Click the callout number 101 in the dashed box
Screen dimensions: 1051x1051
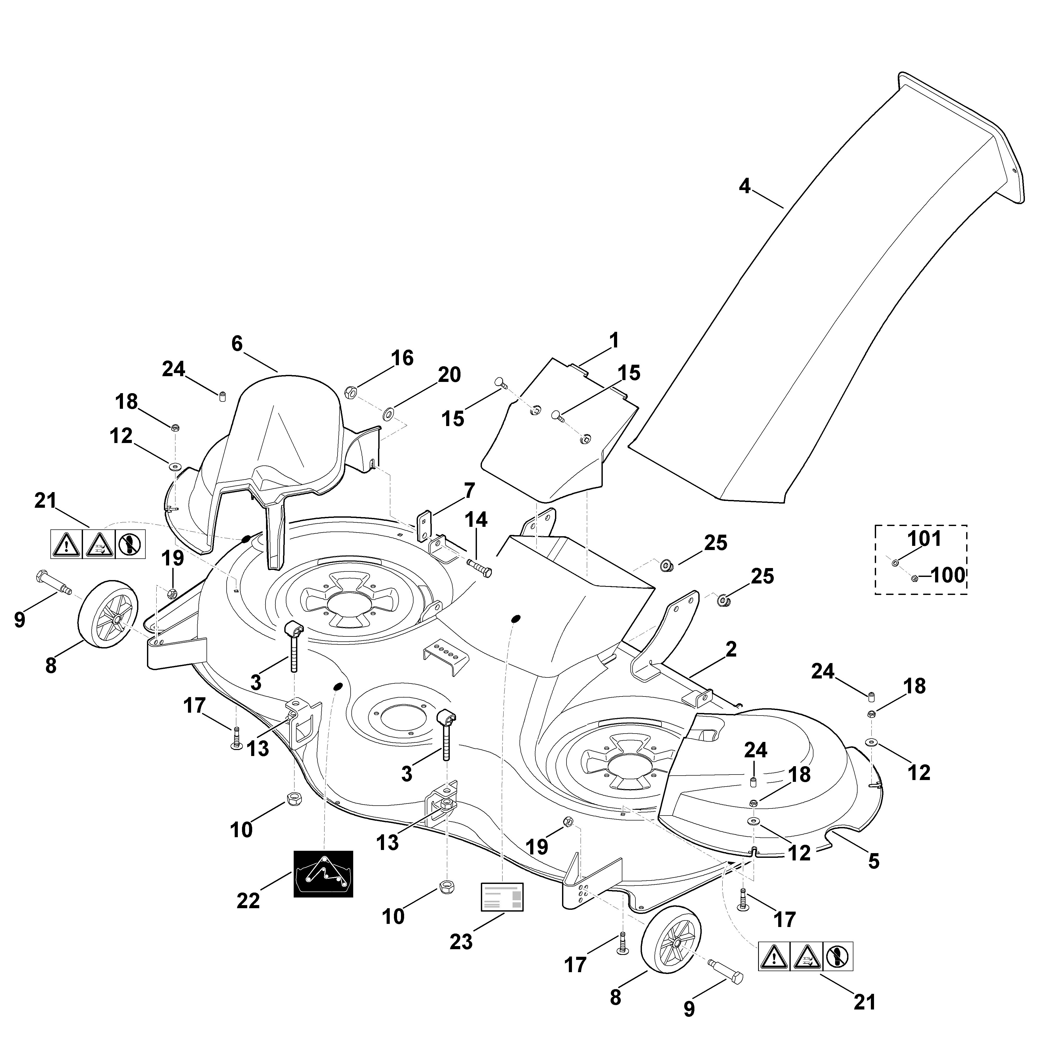click(x=924, y=539)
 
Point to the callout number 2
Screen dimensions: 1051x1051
click(x=731, y=649)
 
